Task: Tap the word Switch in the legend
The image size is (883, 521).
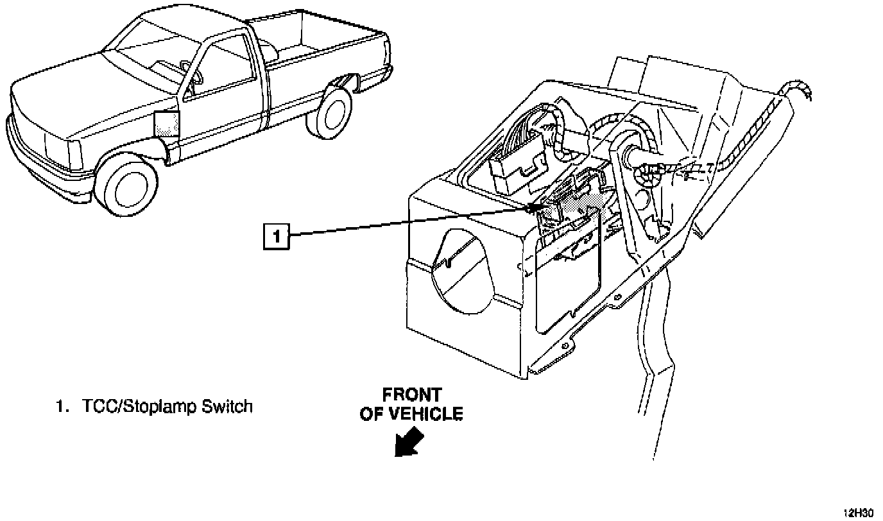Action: [x=228, y=406]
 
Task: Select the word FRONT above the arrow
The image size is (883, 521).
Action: [x=411, y=394]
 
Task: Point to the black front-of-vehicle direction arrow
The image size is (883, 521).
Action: [x=409, y=443]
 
